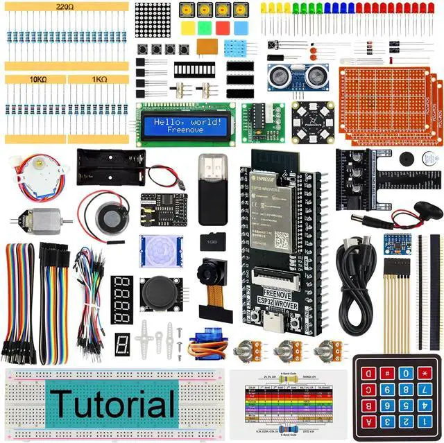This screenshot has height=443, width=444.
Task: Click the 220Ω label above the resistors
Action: [67, 6]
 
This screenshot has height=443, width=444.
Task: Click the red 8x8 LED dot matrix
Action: [153, 19]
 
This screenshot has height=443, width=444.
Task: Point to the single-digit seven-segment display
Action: [122, 344]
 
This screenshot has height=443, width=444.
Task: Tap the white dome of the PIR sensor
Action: [161, 251]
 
